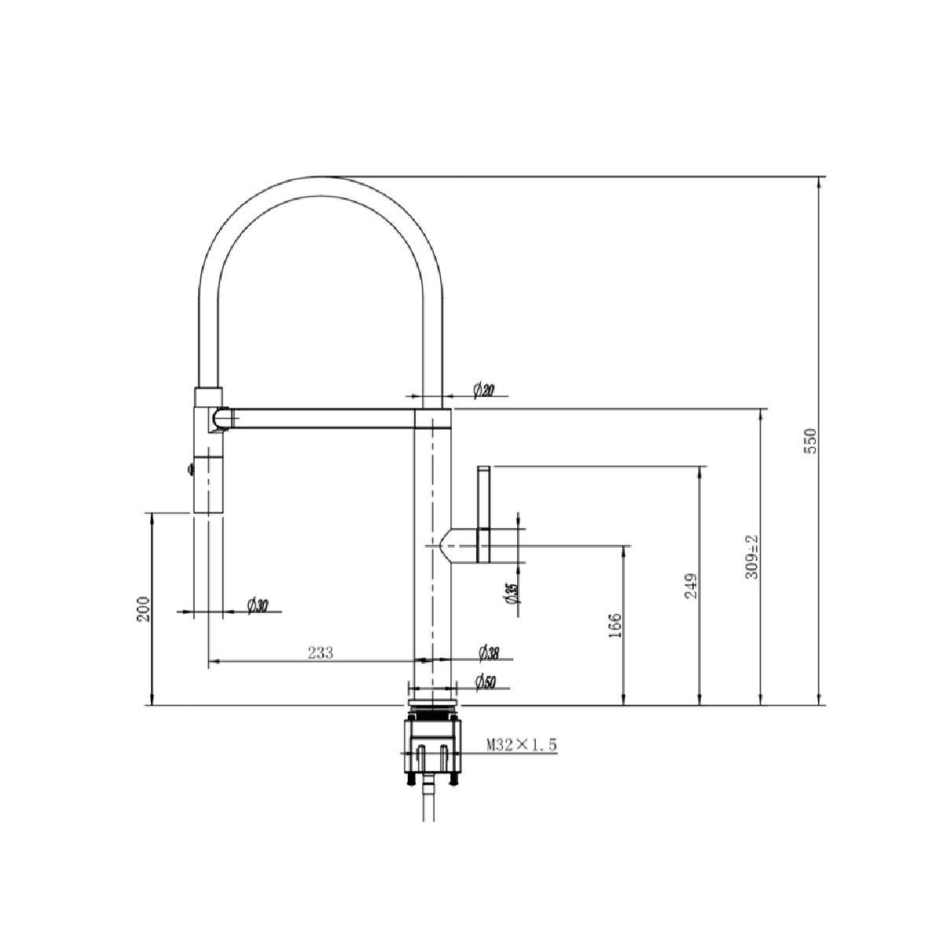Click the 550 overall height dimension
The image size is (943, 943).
click(x=811, y=442)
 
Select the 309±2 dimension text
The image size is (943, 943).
click(x=752, y=556)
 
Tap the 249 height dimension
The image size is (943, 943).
click(x=691, y=585)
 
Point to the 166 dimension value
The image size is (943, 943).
click(x=615, y=625)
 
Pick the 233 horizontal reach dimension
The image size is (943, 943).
click(x=321, y=652)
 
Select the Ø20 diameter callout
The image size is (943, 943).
click(x=483, y=389)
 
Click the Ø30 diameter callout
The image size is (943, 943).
click(x=258, y=605)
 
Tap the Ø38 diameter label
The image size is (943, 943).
click(x=489, y=652)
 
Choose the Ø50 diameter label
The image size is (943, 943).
click(x=486, y=684)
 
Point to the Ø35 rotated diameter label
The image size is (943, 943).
click(x=512, y=594)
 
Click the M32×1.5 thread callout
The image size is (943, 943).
click(x=521, y=745)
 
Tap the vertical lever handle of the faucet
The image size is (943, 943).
click(x=483, y=515)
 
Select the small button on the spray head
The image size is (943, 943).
click(x=189, y=470)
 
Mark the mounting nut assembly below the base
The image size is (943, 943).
click(x=431, y=743)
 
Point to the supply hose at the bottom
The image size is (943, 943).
click(x=427, y=802)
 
